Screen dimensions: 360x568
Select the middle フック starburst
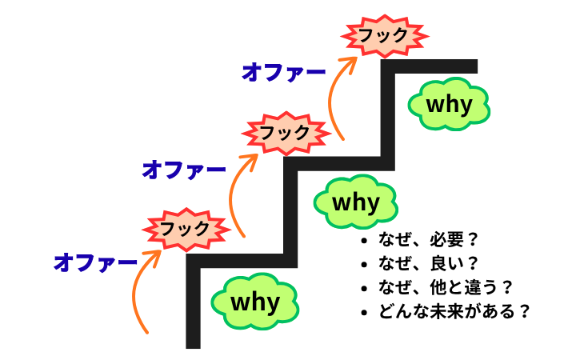click(x=286, y=131)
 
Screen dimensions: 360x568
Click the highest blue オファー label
click(x=284, y=72)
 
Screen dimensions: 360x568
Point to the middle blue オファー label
click(x=184, y=169)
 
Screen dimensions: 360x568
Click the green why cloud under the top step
click(x=449, y=105)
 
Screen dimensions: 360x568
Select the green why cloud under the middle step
click(x=355, y=202)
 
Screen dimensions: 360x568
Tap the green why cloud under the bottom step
click(x=255, y=302)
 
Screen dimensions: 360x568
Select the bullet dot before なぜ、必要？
click(x=365, y=241)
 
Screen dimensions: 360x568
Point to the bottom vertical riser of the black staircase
click(x=193, y=304)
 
